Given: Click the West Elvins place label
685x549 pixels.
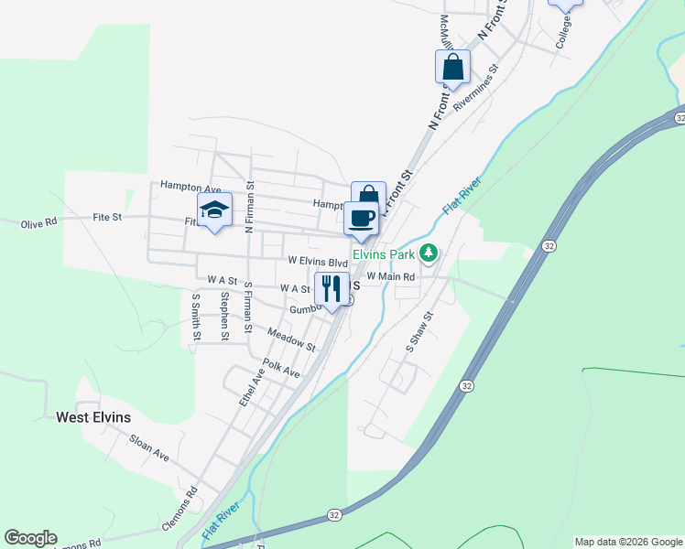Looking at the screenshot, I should click(x=93, y=417).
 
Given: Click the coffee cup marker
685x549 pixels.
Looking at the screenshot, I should click(x=361, y=218).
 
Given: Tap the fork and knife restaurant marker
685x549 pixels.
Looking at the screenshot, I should click(x=331, y=288).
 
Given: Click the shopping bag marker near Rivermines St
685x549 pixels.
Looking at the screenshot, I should click(x=452, y=66).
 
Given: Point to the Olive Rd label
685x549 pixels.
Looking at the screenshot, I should click(x=38, y=221).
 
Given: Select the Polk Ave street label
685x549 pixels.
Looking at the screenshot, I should click(x=281, y=368).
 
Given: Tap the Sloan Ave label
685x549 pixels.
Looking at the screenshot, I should click(x=149, y=447).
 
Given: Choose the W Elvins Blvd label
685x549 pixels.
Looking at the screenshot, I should click(x=318, y=262).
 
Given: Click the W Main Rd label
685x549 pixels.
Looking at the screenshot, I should click(x=390, y=275).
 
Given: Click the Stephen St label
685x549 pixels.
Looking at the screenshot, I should click(x=224, y=316).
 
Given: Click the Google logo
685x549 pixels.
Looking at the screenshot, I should click(x=30, y=538).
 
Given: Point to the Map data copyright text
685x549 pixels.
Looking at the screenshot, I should click(x=628, y=542).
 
